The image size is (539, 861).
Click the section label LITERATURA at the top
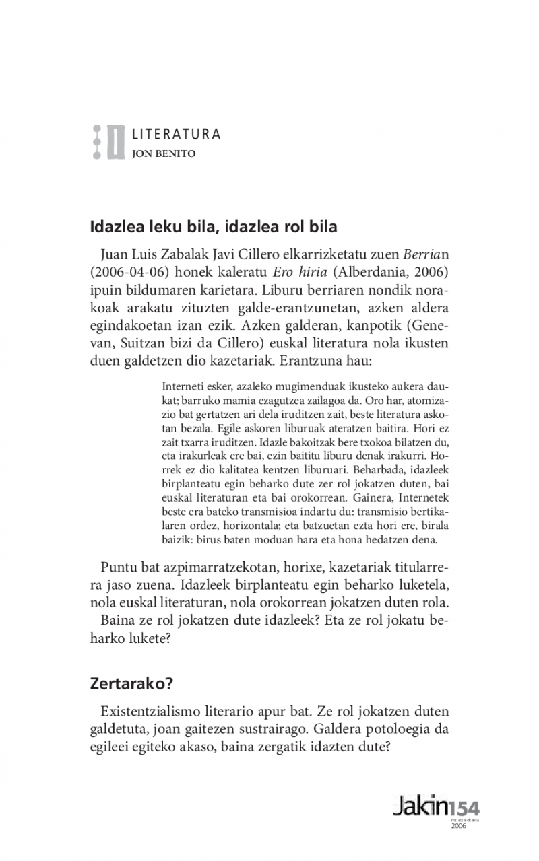click(x=176, y=134)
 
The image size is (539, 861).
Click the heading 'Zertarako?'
click(x=132, y=685)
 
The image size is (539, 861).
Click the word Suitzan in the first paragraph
click(x=123, y=343)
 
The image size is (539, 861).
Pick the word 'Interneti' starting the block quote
click(x=184, y=386)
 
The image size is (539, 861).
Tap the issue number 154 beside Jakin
click(x=465, y=807)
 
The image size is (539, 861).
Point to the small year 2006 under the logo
click(x=458, y=827)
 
